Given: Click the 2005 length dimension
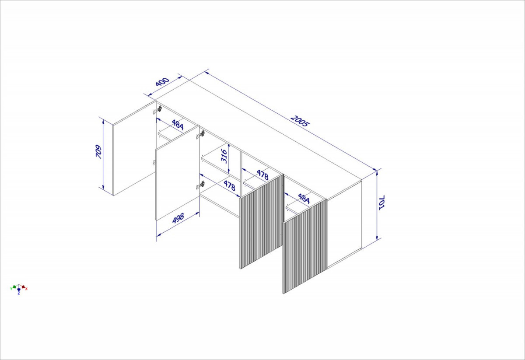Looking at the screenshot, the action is [300, 121].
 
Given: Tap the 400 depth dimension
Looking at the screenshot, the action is [162, 82].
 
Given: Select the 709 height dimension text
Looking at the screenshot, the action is [99, 152].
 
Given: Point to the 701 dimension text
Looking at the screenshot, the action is [381, 203].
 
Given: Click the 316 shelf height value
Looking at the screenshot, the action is [224, 156].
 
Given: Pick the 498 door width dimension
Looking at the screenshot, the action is [178, 218].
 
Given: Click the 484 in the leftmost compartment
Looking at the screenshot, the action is [178, 125].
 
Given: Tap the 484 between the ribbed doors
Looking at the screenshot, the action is [304, 199].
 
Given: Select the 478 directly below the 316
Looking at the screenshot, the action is [229, 185].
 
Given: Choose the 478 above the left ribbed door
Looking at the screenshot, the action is [262, 175].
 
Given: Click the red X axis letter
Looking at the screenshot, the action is [26, 289].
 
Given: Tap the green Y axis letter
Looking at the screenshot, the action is [11, 289].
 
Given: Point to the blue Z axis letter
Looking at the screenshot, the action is [19, 293].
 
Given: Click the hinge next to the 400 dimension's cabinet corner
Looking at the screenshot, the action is [160, 109].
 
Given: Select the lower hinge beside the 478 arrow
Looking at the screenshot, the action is [202, 184].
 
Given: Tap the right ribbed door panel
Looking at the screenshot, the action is [304, 246].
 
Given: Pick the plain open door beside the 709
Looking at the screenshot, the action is [134, 148].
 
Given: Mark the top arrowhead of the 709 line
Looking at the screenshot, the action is [103, 121].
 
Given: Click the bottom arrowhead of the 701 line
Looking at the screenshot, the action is [377, 238].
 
